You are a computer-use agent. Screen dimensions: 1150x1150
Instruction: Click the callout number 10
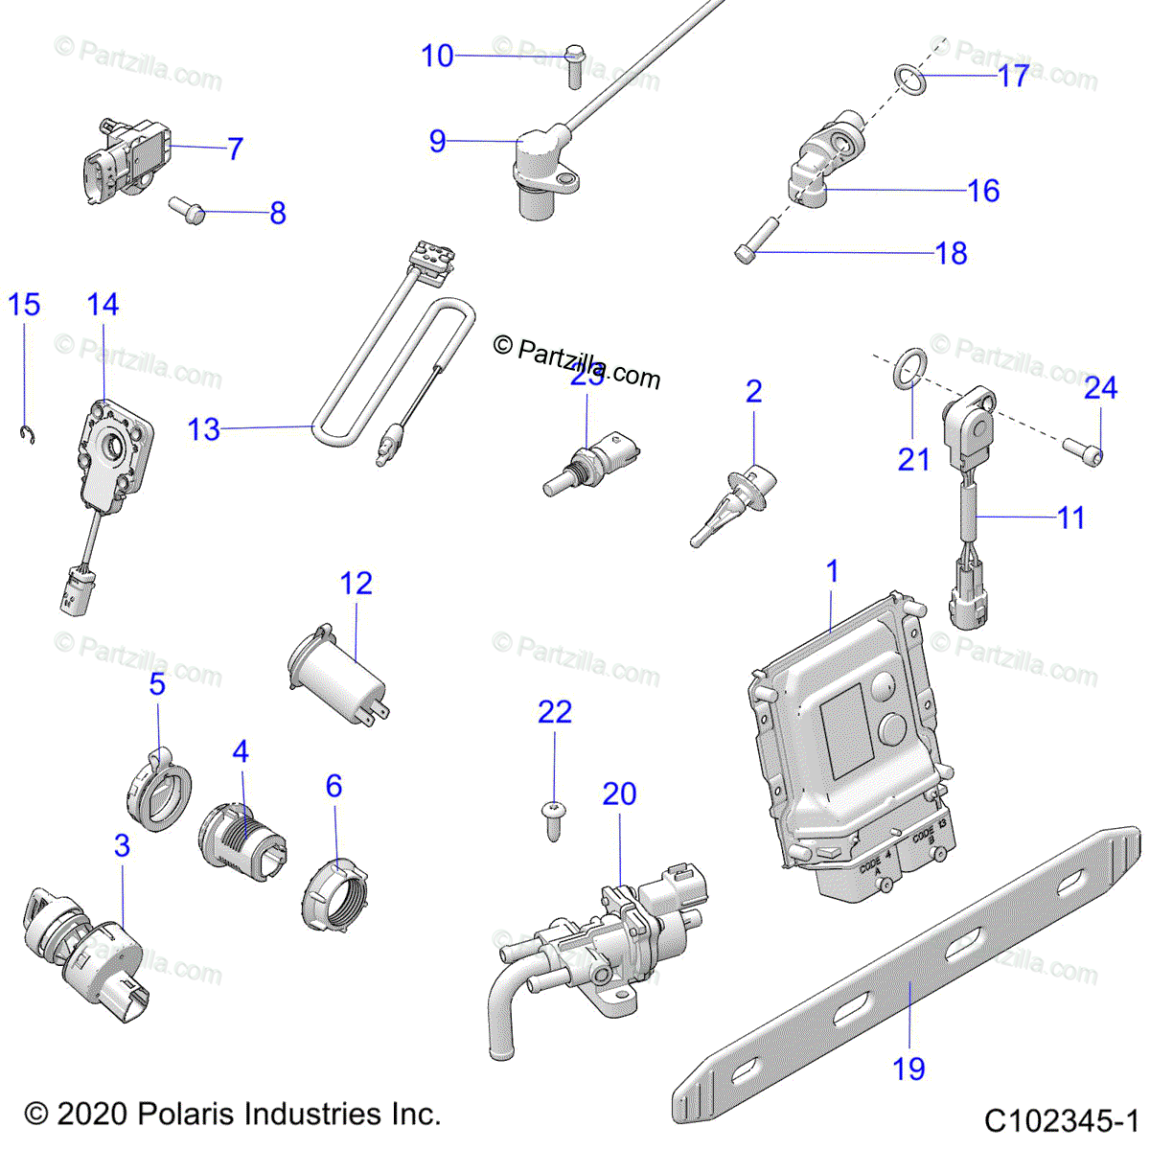pyautogui.click(x=437, y=56)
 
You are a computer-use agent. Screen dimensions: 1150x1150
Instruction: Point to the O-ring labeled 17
pyautogui.click(x=911, y=81)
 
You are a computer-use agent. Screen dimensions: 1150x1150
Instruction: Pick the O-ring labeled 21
pyautogui.click(x=914, y=367)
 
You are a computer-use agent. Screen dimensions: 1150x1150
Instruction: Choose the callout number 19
pyautogui.click(x=908, y=1068)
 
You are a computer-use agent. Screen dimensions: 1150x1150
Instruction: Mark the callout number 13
pyautogui.click(x=203, y=429)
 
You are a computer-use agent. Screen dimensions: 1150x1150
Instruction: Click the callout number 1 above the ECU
pyautogui.click(x=832, y=571)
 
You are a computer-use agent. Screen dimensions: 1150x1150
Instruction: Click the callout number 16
pyautogui.click(x=983, y=190)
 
